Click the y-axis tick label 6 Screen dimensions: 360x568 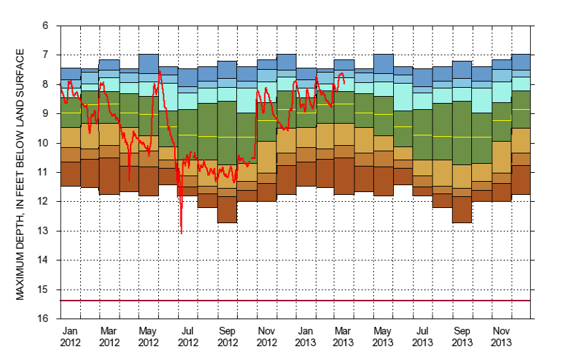[x=46, y=26]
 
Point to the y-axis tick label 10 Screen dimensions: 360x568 [x=44, y=143]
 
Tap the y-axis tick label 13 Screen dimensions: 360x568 [x=44, y=231]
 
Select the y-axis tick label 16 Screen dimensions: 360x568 [x=44, y=319]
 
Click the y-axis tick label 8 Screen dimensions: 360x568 [x=46, y=84]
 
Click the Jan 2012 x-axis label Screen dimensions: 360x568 [x=70, y=337]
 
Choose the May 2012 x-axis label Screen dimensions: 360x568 [x=149, y=337]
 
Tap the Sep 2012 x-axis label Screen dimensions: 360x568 [x=228, y=337]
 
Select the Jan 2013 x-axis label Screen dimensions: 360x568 [x=306, y=337]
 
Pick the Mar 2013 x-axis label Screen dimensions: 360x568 [x=345, y=337]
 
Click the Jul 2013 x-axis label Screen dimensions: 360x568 [x=424, y=337]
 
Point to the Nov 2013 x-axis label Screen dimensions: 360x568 [x=502, y=337]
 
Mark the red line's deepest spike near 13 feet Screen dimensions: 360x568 [x=182, y=233]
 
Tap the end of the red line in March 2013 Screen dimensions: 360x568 [x=345, y=83]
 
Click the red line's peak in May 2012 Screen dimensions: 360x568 [x=160, y=71]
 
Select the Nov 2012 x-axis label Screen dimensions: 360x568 [x=267, y=337]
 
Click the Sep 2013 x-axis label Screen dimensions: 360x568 [x=462, y=337]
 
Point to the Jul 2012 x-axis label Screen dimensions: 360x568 [x=188, y=337]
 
